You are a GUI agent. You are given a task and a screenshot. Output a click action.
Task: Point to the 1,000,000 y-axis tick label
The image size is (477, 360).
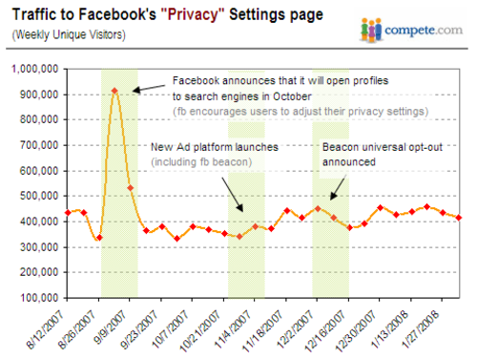click(32, 70)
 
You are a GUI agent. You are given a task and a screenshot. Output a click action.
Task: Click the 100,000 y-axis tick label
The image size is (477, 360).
click(36, 297)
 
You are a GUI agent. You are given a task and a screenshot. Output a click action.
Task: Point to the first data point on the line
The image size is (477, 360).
click(67, 212)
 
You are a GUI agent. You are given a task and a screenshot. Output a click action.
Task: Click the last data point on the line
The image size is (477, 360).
click(460, 218)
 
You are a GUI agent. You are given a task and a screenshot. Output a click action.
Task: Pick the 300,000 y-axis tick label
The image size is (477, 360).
click(36, 246)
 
